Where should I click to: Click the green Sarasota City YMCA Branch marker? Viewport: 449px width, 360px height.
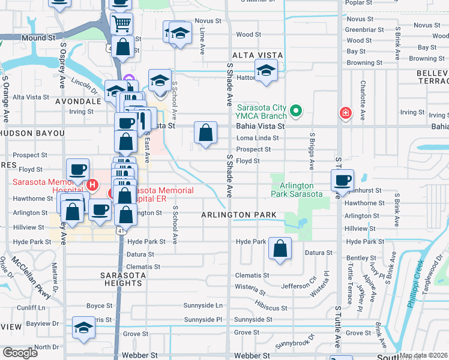pyautogui.click(x=295, y=111)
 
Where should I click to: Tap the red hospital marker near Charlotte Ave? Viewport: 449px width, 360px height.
pyautogui.click(x=345, y=112)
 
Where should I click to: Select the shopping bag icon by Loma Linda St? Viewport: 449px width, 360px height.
pyautogui.click(x=205, y=134)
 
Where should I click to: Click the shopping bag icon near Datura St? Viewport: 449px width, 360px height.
pyautogui.click(x=280, y=249)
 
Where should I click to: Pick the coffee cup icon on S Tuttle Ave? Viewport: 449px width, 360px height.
pyautogui.click(x=342, y=181)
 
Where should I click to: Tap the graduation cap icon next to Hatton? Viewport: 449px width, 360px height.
pyautogui.click(x=266, y=71)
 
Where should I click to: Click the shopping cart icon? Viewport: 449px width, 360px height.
pyautogui.click(x=121, y=24)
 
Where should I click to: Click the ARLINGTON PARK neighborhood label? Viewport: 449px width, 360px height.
pyautogui.click(x=239, y=215)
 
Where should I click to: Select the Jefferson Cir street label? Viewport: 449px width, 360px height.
pyautogui.click(x=300, y=278)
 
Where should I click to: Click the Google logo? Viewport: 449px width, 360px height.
pyautogui.click(x=20, y=352)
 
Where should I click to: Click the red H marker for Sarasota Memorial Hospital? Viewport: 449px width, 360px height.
pyautogui.click(x=91, y=185)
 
